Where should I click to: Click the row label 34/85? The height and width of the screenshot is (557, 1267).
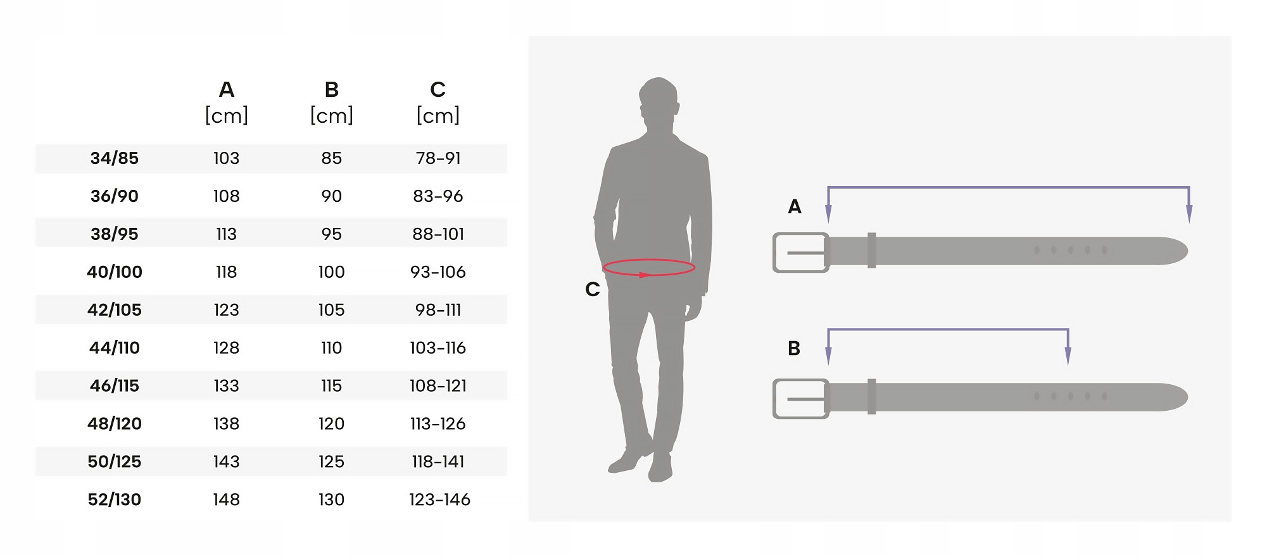click(114, 158)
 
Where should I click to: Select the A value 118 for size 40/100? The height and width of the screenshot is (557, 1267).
click(226, 272)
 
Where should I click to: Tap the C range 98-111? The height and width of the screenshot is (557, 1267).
click(438, 310)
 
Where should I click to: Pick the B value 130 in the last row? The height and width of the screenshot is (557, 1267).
click(331, 500)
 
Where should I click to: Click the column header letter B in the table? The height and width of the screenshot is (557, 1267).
click(331, 90)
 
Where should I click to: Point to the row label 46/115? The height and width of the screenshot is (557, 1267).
click(114, 386)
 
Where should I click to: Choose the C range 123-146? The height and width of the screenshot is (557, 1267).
click(439, 500)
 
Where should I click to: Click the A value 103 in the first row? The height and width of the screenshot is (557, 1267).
click(226, 158)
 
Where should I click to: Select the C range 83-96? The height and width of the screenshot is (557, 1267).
click(438, 196)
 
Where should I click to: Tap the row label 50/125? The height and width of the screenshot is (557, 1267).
click(114, 462)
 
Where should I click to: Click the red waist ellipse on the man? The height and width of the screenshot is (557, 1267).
click(649, 268)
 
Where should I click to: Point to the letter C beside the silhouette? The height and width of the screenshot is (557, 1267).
click(592, 289)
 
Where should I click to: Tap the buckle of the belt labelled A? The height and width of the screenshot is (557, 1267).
click(800, 253)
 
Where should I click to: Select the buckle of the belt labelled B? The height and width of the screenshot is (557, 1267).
click(800, 399)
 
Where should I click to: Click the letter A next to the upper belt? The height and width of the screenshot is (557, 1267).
click(794, 207)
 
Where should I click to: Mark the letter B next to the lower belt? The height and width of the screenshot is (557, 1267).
click(794, 349)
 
